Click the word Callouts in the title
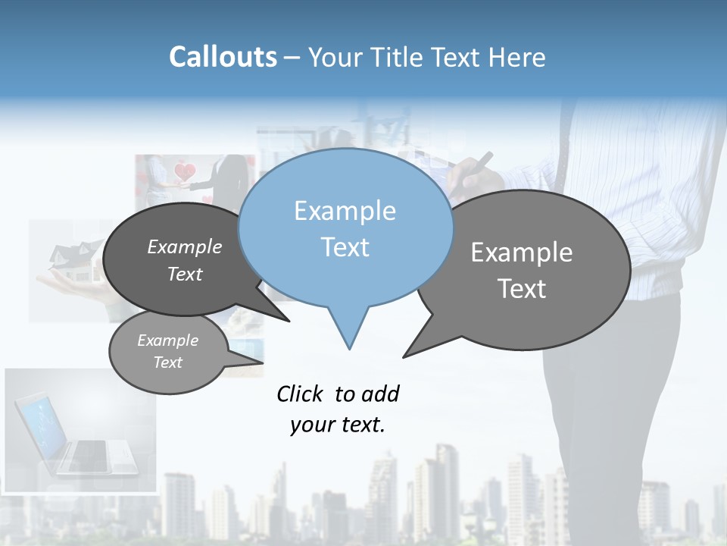pos(223,57)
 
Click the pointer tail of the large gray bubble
pos(413,350)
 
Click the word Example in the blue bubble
pos(345,211)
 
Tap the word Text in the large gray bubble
pos(522,289)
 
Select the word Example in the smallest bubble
pos(167,340)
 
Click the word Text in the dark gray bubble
pos(185,275)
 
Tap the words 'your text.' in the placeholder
pos(338,425)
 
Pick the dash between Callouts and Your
pos(293,58)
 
